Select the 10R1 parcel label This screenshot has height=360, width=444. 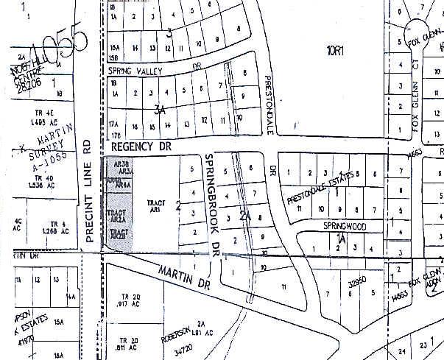(335, 50)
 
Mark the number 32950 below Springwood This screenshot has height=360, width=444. (358, 280)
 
